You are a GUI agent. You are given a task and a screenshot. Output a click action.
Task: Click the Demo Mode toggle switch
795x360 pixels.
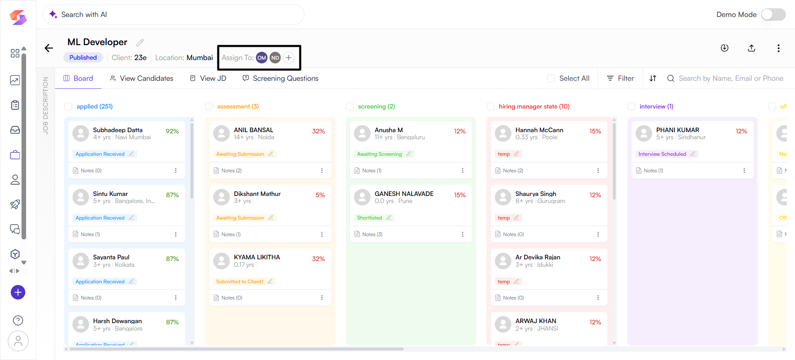[773, 14]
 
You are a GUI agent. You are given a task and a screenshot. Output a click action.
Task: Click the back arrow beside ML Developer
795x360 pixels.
[49, 48]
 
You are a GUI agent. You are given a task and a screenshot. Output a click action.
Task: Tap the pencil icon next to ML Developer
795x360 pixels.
[140, 43]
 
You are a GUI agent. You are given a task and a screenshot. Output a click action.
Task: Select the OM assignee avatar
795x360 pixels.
[262, 58]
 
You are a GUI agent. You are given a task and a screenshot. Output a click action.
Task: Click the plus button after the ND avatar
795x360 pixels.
[289, 58]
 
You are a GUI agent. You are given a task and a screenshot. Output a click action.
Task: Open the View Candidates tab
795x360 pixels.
[142, 78]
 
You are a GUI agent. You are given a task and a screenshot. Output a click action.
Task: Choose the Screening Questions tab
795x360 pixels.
[280, 78]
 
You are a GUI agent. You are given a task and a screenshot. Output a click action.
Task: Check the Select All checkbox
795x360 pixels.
[551, 78]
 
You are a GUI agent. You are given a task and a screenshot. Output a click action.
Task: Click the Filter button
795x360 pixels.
[620, 78]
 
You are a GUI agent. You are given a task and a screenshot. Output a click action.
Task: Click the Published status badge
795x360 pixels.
[83, 58]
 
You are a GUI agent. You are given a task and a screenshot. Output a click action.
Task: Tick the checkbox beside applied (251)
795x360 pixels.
[68, 106]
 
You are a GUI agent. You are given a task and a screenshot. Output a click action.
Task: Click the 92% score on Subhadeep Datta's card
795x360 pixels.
[172, 131]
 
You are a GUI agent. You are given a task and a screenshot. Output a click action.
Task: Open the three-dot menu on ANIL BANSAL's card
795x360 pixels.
[322, 171]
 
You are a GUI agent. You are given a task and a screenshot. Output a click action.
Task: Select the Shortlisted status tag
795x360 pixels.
[369, 218]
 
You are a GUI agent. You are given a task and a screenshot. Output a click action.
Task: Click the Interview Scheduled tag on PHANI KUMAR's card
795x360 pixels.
[662, 154]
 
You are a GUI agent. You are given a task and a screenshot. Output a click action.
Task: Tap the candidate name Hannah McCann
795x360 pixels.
[539, 130]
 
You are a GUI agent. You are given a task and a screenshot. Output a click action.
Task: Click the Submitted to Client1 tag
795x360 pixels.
[239, 282]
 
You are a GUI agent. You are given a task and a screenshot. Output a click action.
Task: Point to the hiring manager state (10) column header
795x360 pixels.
[534, 106]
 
